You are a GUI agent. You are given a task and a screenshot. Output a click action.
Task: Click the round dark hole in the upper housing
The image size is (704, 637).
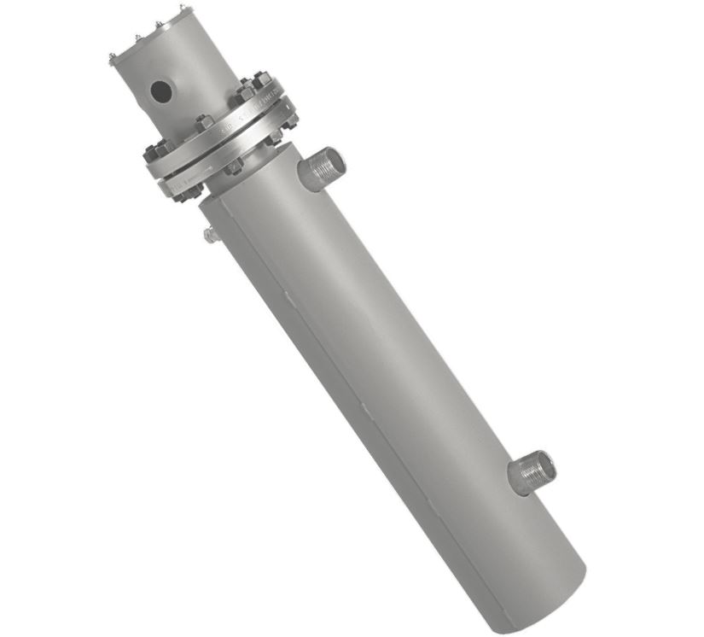160,89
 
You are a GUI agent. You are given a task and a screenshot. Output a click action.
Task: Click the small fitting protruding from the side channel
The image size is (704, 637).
210,234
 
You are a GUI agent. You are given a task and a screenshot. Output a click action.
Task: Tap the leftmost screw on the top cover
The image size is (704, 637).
113,59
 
